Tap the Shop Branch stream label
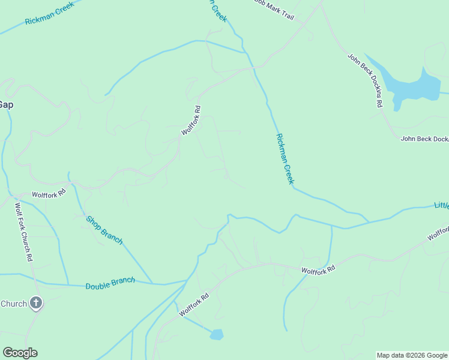(x=104, y=230)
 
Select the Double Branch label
(x=110, y=283)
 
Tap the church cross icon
(x=36, y=304)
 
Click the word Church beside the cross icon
(x=13, y=304)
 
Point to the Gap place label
(x=5, y=104)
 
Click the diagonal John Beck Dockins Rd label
(x=365, y=80)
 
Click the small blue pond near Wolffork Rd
(x=217, y=334)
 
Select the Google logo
(x=20, y=353)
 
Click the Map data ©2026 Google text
(x=412, y=355)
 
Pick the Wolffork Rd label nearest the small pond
(x=193, y=305)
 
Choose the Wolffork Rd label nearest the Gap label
(x=49, y=195)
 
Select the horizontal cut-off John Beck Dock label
(x=424, y=139)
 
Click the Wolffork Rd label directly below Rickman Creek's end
(x=318, y=271)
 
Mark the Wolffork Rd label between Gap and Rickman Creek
(x=191, y=120)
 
